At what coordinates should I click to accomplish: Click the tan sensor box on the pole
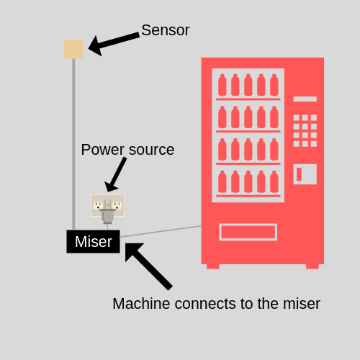73,49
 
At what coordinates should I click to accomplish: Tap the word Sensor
165,30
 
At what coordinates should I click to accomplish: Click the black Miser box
93,242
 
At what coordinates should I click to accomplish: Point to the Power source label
127,150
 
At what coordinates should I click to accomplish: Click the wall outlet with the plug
107,206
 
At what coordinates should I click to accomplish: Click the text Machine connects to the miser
216,304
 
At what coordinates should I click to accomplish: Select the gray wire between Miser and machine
161,231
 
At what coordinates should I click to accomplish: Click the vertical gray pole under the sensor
73,144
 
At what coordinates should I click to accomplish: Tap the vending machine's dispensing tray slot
248,232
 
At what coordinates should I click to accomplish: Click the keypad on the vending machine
305,130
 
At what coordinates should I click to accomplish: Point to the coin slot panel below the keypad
305,174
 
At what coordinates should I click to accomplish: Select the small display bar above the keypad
305,99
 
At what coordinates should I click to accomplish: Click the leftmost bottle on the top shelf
222,86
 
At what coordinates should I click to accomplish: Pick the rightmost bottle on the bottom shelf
274,182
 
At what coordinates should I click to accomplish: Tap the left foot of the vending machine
212,266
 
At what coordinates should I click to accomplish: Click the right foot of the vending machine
312,266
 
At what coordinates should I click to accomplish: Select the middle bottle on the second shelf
248,117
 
